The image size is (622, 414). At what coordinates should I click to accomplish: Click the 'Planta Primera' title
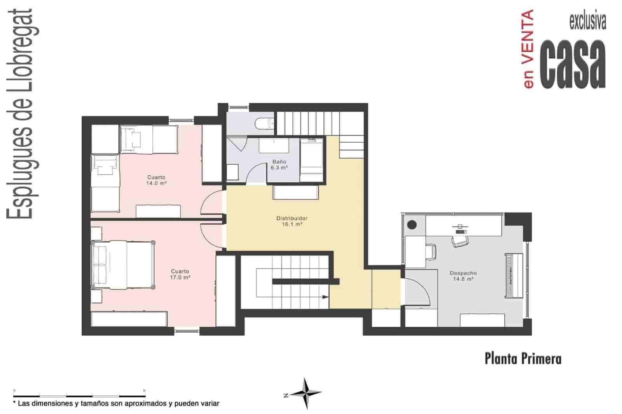point(523,358)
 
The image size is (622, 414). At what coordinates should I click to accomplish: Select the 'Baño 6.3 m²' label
point(279,165)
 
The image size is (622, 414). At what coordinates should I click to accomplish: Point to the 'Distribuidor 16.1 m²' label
point(292,221)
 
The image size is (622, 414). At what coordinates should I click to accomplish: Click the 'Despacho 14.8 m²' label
point(463,276)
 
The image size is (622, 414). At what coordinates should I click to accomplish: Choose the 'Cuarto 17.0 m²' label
point(180,274)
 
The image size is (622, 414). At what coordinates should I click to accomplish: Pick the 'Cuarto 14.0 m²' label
point(156,180)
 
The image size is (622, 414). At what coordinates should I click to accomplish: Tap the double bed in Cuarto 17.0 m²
point(122,265)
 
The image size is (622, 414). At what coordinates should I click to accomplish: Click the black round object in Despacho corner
point(412,225)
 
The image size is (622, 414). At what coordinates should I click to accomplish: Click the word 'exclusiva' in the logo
point(587,22)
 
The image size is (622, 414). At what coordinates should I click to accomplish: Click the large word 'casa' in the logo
point(574,64)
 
